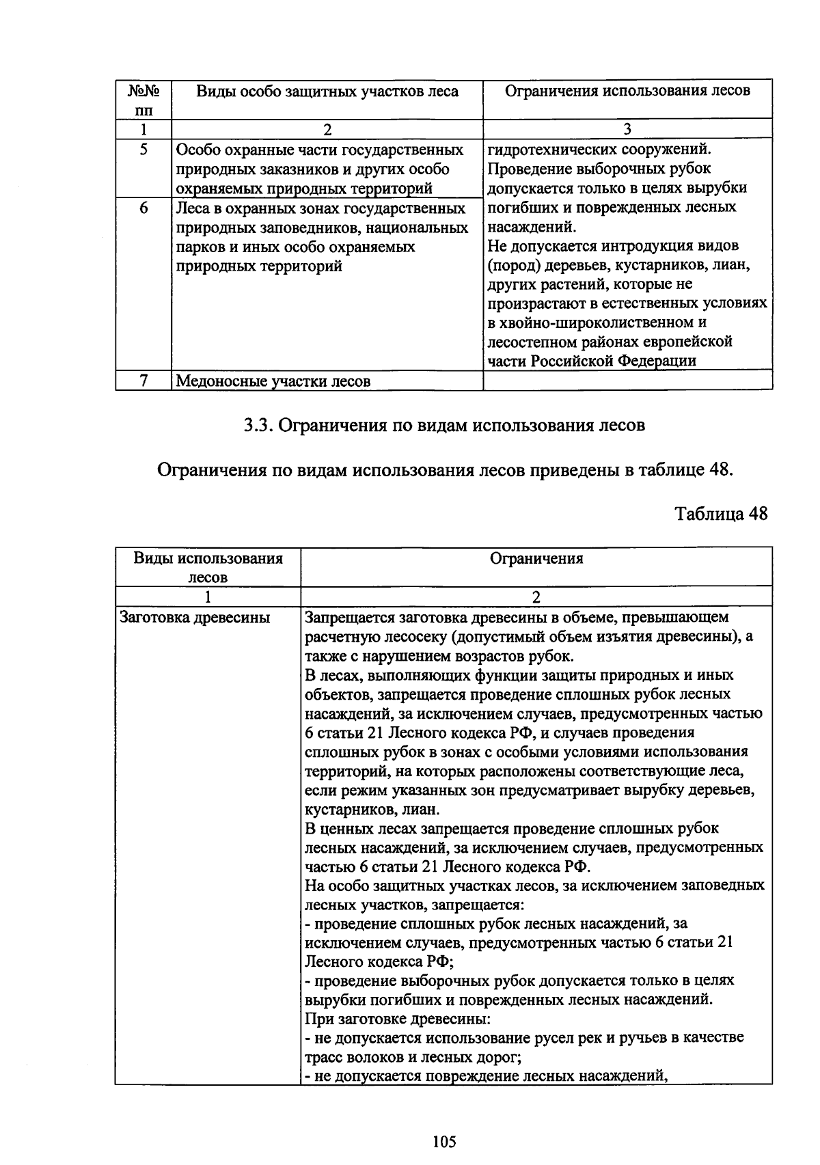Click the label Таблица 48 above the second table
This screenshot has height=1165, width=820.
(721, 514)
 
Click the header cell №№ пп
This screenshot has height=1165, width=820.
(143, 100)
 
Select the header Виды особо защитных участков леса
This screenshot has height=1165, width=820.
(327, 92)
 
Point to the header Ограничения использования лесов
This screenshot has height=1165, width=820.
(627, 91)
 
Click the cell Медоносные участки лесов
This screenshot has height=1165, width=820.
(273, 381)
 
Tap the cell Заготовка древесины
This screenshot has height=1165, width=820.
(195, 618)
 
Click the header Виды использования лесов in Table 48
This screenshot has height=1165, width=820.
(208, 567)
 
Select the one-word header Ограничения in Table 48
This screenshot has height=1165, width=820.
(536, 559)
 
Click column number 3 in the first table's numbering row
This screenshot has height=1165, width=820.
(627, 129)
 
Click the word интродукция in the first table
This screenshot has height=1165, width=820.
(630, 246)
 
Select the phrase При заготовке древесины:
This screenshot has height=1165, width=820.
(397, 1019)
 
